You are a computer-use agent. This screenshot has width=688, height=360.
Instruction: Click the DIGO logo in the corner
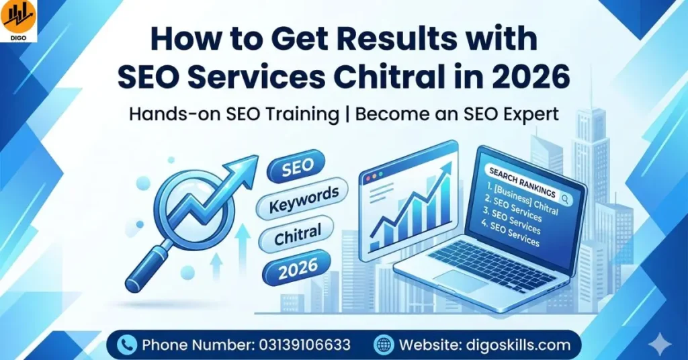[19, 21]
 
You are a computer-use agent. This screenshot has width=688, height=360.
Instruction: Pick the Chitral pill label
[298, 234]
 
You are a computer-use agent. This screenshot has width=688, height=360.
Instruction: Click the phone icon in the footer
[126, 345]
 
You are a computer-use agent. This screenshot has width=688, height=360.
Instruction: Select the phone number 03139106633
[304, 345]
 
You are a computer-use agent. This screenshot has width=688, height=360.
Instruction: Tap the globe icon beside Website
[384, 345]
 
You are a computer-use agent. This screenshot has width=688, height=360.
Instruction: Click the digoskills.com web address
[517, 345]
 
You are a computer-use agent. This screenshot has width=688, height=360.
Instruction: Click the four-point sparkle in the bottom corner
[662, 345]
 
